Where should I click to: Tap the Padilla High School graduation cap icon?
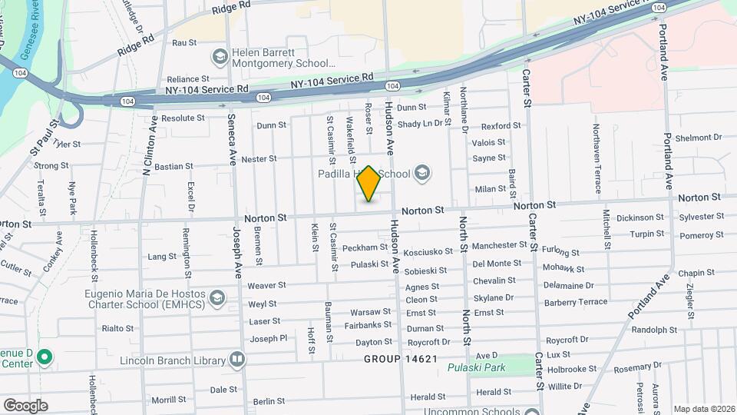click(421, 174)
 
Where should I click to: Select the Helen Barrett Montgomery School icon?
click(220, 56)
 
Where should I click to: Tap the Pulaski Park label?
click(476, 368)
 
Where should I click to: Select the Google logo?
click(26, 405)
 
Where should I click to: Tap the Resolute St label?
click(183, 118)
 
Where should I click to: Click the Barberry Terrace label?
click(576, 302)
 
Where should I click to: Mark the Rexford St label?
click(501, 126)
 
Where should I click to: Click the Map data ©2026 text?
click(703, 409)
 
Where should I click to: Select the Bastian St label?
click(174, 166)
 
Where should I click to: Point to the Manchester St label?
click(500, 245)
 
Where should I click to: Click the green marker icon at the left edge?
click(45, 357)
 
